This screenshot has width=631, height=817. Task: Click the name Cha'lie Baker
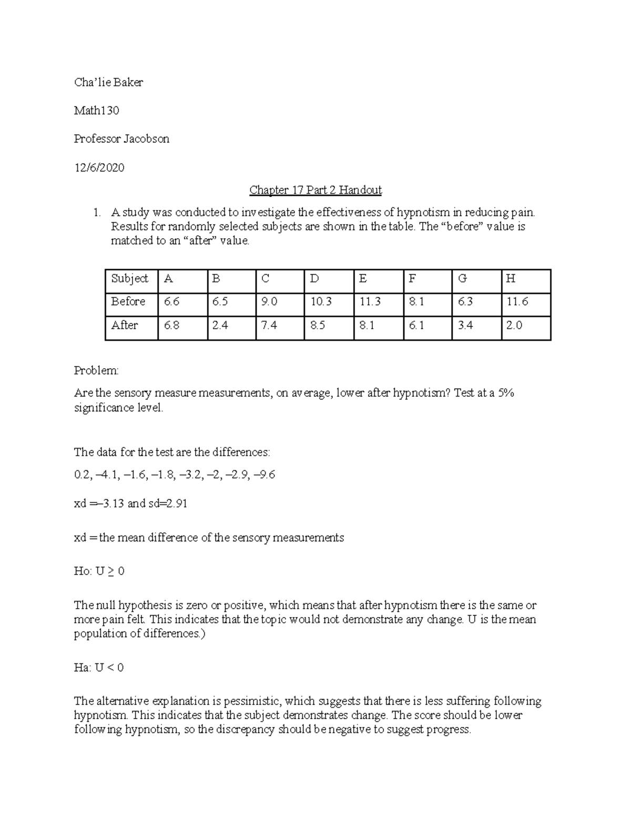click(x=108, y=82)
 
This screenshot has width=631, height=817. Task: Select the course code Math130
click(x=96, y=110)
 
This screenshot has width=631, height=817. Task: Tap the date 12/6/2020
click(x=99, y=168)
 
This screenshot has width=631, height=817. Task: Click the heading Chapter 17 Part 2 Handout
click(x=315, y=190)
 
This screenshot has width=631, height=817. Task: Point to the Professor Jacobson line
click(x=121, y=139)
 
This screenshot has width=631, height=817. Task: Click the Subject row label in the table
click(x=129, y=278)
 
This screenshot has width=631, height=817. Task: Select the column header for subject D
click(x=314, y=279)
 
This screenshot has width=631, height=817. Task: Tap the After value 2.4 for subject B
click(x=220, y=325)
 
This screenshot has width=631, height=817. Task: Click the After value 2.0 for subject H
click(x=514, y=325)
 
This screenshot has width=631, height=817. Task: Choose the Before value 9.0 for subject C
click(x=269, y=301)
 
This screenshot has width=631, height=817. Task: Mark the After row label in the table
click(x=124, y=325)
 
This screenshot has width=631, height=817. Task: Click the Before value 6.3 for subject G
click(x=465, y=301)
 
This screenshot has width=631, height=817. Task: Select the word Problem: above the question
click(x=96, y=370)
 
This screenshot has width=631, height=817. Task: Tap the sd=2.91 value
click(x=167, y=503)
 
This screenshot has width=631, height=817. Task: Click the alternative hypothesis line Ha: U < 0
click(x=99, y=668)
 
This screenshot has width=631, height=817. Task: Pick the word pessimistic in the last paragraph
click(x=255, y=701)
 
